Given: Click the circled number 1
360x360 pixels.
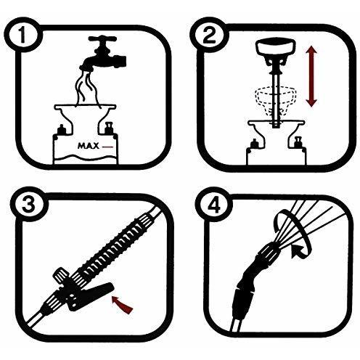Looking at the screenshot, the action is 22,35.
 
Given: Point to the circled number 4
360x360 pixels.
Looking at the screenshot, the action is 214,205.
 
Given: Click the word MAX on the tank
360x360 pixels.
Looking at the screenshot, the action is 89,146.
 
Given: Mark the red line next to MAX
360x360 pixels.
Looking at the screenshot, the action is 107,147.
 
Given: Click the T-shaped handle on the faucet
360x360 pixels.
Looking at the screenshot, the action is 103,40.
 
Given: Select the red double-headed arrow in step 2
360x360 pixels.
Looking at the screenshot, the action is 311,76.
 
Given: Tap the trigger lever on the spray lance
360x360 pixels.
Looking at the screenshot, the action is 91,297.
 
